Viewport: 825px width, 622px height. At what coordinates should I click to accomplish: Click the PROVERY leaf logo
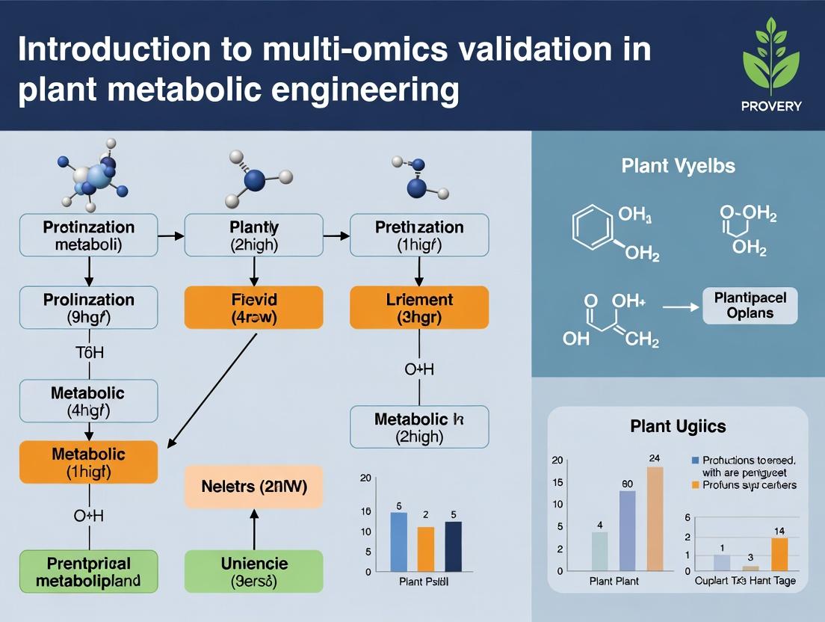[770, 61]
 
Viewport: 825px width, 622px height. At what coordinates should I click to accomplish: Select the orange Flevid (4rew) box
[254, 308]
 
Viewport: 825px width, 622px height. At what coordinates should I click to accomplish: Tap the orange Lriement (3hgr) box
[419, 308]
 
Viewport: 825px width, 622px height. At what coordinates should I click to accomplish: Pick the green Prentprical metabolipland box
[88, 572]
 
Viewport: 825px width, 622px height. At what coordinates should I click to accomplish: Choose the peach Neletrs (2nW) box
[254, 487]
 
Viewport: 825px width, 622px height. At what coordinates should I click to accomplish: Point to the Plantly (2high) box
[254, 235]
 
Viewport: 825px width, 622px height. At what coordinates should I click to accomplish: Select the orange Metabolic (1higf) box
[88, 462]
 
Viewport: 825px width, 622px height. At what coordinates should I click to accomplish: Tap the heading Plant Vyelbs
[678, 166]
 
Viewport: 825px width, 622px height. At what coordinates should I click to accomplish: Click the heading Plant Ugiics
[678, 427]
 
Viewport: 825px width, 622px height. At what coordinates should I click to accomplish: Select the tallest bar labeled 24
[655, 518]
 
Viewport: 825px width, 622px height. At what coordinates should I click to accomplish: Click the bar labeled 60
[627, 530]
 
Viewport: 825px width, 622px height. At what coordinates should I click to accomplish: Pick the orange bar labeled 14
[779, 554]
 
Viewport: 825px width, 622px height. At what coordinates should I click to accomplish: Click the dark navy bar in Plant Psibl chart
[453, 546]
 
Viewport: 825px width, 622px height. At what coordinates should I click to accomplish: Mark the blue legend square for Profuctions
[696, 461]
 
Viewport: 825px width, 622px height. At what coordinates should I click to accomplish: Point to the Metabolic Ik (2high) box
[419, 427]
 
